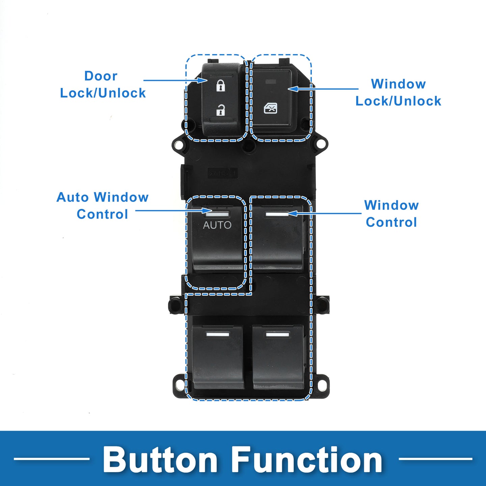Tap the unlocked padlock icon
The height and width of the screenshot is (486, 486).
pyautogui.click(x=221, y=110)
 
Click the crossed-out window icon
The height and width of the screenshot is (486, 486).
pyautogui.click(x=270, y=109)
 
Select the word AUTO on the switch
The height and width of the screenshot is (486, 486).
pyautogui.click(x=217, y=225)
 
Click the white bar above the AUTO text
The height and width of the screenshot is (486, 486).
pyautogui.click(x=217, y=214)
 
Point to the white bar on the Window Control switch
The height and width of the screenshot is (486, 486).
pyautogui.click(x=277, y=214)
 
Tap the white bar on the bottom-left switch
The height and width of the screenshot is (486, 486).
pyautogui.click(x=218, y=334)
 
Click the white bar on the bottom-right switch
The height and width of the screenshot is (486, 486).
pyautogui.click(x=277, y=334)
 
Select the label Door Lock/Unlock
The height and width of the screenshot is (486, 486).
pyautogui.click(x=103, y=84)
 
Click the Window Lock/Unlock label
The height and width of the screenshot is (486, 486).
pyautogui.click(x=398, y=92)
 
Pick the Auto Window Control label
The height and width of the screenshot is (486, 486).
pyautogui.click(x=103, y=206)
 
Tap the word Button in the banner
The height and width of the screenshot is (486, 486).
pyautogui.click(x=160, y=460)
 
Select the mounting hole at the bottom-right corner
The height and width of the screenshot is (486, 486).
pyautogui.click(x=322, y=384)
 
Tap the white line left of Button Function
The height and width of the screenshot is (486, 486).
pyautogui.click(x=52, y=459)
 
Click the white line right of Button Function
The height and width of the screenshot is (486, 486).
pyautogui.click(x=435, y=459)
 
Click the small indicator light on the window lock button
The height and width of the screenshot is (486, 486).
pyautogui.click(x=271, y=82)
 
